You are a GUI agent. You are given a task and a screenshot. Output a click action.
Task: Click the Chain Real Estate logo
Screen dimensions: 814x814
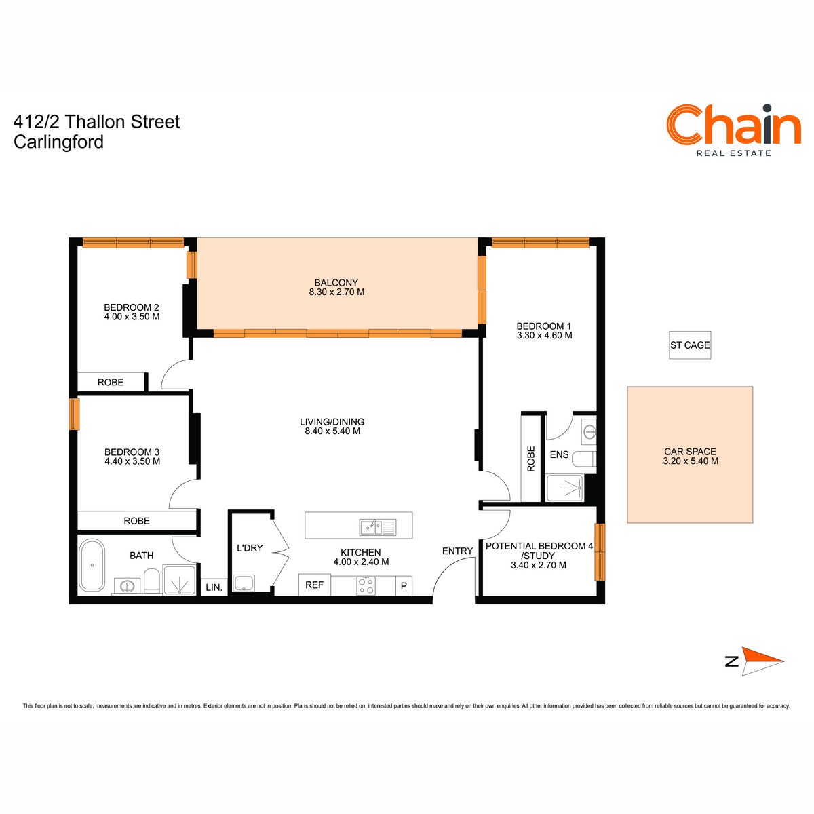733,130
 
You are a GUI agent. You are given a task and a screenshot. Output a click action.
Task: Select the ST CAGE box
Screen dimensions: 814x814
690,345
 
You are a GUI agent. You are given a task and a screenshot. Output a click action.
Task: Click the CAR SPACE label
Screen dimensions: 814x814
691,452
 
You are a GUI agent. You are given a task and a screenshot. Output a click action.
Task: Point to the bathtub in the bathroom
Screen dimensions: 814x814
92,565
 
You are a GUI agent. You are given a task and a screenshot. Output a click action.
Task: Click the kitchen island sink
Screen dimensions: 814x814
378,527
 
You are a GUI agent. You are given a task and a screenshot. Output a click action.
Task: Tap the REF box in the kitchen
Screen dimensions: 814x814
314,585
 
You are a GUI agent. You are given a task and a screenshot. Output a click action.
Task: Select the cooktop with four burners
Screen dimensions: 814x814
366,585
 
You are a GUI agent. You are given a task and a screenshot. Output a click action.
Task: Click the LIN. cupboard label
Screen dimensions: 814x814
214,587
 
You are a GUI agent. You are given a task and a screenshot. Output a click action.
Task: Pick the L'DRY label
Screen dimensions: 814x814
250,548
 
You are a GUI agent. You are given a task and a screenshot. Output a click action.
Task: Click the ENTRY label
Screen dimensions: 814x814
457,551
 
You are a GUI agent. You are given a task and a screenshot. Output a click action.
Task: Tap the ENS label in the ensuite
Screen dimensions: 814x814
559,454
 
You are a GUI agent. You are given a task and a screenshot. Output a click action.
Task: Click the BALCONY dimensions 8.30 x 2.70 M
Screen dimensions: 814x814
336,292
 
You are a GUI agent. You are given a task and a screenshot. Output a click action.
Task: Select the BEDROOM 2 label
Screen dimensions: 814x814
132,307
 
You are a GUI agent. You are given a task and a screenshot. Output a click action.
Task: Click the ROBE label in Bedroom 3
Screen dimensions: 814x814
136,521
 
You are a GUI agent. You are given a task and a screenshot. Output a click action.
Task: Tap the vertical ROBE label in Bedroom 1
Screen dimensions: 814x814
531,459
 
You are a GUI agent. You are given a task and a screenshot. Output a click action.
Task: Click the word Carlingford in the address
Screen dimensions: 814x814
58,142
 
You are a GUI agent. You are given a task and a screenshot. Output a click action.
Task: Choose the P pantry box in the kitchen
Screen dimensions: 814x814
404,586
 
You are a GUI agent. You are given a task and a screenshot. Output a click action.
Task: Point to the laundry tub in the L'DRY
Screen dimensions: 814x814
244,583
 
